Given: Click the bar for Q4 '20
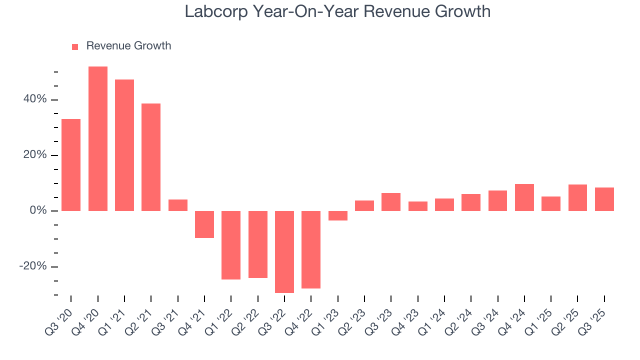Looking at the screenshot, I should coord(98,138).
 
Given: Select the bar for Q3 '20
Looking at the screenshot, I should coord(71,164).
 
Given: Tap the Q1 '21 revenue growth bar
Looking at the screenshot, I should coord(124,145).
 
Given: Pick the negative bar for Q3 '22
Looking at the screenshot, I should coord(284,251).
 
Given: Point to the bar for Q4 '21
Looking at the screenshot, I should coord(204,224).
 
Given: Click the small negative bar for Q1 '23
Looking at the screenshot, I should coord(338,215).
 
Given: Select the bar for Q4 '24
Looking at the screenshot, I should coord(524,197).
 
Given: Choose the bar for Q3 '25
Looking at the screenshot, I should coord(604,199).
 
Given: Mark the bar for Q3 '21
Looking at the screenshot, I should coord(178,205).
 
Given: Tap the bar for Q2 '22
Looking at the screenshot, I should coord(258,244).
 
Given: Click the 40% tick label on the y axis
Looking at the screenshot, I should coord(34,99).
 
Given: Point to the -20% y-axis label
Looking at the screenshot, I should coord(32,266).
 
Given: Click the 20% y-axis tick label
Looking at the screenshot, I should coord(34,155).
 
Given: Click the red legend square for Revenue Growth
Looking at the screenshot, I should coord(75,46).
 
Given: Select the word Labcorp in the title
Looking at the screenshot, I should coord(216,11).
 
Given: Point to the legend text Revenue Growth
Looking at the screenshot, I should coord(128,46).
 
